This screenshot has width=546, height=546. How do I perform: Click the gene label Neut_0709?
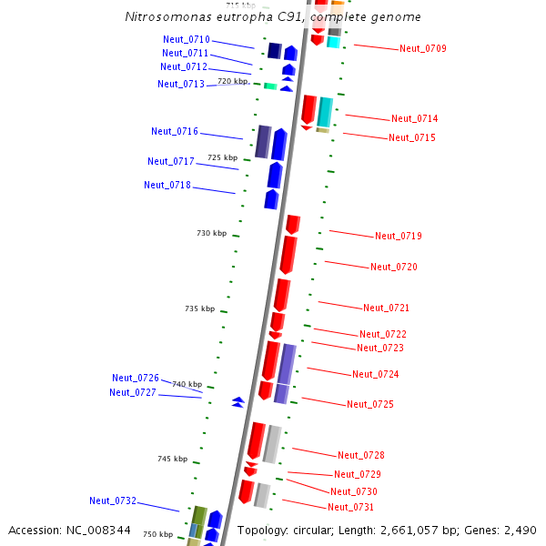tap(422, 48)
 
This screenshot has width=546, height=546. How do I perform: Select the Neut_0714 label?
tap(414, 118)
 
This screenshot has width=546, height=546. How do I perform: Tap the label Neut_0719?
tap(398, 236)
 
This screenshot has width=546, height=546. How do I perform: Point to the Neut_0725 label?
tap(369, 404)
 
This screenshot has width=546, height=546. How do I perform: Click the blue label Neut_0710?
tap(186, 39)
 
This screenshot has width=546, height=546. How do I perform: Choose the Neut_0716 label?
tap(174, 131)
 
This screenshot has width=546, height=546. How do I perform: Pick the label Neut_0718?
tap(167, 185)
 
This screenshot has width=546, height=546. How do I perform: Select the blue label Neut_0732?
tap(112, 500)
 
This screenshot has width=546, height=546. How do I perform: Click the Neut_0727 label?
tap(132, 392)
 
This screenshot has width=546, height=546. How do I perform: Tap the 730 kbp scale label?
tap(211, 234)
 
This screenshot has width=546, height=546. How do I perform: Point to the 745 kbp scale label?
tap(172, 459)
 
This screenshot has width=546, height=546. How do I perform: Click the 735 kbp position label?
tap(199, 309)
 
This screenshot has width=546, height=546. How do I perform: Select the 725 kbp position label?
tap(222, 157)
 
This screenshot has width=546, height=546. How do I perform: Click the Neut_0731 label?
tap(350, 507)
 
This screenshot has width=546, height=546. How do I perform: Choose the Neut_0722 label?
tap(382, 334)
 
